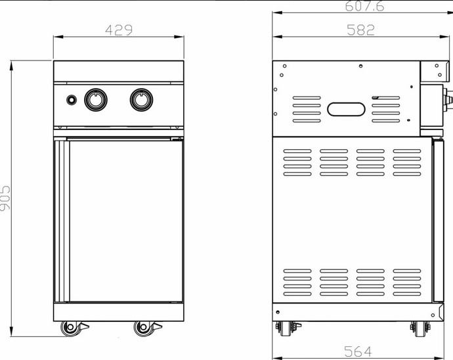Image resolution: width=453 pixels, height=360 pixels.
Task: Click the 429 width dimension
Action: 119,30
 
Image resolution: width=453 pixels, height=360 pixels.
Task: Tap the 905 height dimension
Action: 6,197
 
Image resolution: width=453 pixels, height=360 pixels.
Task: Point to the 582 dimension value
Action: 360,30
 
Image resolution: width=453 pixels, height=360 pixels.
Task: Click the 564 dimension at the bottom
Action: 359,351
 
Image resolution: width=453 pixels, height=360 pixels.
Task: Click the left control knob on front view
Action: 95,99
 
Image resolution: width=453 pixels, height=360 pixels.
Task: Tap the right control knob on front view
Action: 141,99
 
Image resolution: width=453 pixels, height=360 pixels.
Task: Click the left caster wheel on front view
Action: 69,328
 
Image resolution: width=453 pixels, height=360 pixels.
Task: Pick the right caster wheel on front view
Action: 143,328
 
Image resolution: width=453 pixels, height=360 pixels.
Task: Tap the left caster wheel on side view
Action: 286,328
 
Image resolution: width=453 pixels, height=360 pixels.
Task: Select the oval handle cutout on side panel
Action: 347,109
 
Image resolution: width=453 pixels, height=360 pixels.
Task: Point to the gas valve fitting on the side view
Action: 448,100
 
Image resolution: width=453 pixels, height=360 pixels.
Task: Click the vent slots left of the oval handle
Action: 307,109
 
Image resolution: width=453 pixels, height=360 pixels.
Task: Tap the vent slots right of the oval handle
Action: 386,109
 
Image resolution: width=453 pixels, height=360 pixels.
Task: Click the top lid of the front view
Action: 119,70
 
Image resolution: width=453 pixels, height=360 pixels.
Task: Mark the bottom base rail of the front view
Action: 119,311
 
